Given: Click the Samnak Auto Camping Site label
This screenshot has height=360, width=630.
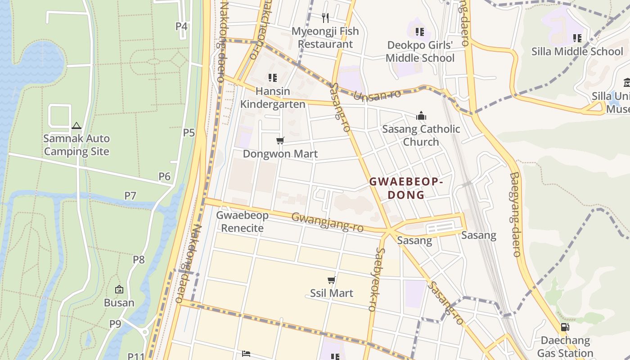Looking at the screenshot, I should coord(76,145).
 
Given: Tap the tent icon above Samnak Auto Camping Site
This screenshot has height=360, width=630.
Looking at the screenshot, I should coord(76,126).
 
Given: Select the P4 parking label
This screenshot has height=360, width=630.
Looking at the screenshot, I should coord(181,26).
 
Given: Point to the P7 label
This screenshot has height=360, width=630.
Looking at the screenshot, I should coord(130,195).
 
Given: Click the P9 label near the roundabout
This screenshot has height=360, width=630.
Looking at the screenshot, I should coord(115,324).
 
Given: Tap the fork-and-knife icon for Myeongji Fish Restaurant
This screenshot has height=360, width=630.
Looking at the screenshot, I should coord(325,18).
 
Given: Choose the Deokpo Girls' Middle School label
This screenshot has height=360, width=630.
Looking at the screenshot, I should coord(420,52).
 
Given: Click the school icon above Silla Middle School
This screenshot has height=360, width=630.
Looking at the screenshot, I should coord(577,38).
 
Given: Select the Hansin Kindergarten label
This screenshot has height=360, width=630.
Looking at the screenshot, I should coord(273,98).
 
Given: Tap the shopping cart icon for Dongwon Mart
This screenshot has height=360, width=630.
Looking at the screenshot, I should coord(280,141).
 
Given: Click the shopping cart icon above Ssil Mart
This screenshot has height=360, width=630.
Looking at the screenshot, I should coord(332,280).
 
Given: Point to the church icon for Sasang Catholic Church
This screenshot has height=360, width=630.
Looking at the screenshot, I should coord(421,116).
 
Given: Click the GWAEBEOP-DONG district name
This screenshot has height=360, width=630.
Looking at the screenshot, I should coord(406,188).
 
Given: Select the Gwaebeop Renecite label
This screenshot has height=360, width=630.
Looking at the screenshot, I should coord(242,221).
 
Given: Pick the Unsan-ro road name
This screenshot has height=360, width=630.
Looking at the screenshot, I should coord(370,96).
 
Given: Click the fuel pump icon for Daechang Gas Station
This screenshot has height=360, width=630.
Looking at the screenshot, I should coord(565,327).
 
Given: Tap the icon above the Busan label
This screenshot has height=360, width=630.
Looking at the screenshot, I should coord(119,289).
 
